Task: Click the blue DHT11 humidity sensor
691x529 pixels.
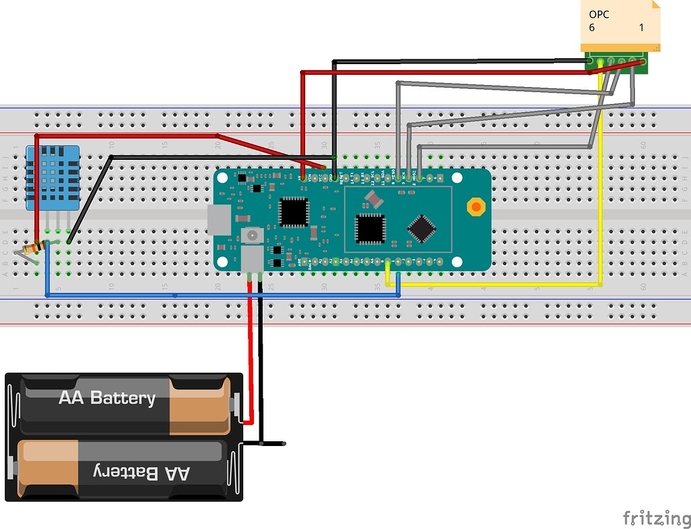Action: click(52, 177)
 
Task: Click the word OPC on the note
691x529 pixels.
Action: click(598, 14)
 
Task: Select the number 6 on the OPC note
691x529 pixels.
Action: click(592, 28)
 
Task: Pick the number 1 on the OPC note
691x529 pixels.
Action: click(641, 28)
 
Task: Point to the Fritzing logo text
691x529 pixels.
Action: click(652, 518)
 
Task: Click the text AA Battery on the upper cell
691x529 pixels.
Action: click(107, 397)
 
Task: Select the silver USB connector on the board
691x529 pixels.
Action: click(218, 219)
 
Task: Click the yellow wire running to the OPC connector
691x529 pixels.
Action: click(600, 202)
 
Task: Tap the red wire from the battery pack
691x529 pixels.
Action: click(251, 358)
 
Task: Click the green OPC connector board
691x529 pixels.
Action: click(616, 62)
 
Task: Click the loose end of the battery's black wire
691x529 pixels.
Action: click(283, 443)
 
